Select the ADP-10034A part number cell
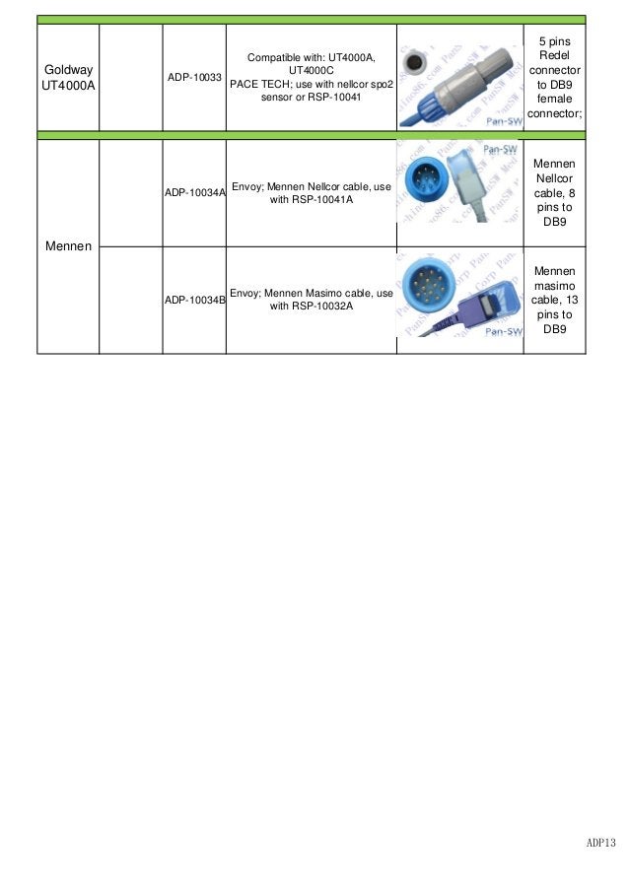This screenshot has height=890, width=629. pos(194,193)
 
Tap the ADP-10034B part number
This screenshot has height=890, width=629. pos(194,300)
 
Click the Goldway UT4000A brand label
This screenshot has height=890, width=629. pos(68,77)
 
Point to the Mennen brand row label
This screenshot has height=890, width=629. pos(68,245)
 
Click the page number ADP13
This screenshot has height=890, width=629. pos(600,843)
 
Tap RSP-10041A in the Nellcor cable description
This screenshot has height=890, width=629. pos(312,200)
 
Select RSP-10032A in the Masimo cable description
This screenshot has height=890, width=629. pos(312,307)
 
